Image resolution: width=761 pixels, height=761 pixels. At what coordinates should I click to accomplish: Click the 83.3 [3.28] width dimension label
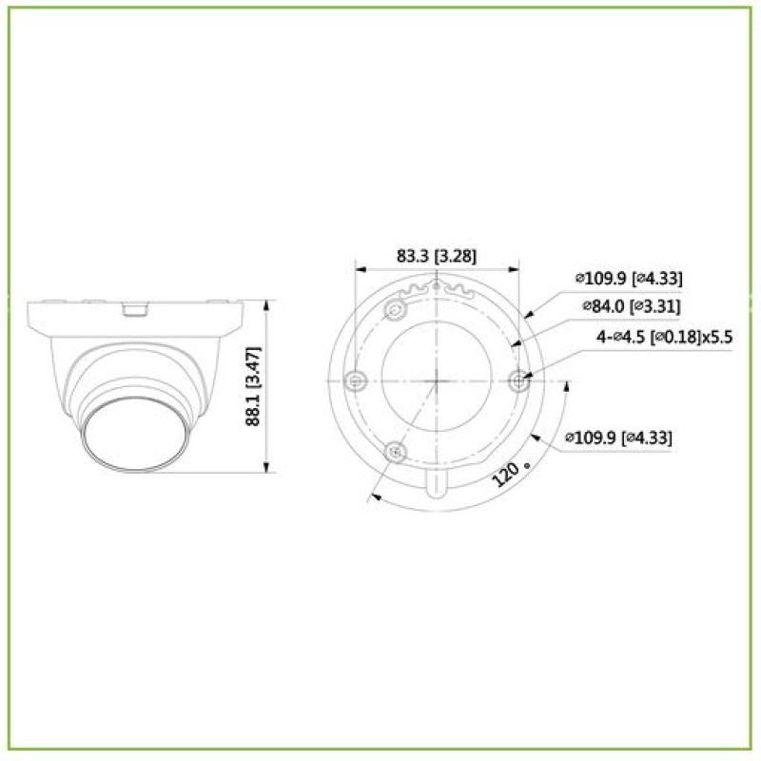pyautogui.click(x=437, y=256)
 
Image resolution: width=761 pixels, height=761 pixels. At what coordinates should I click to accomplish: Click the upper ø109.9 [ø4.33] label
pyautogui.click(x=628, y=278)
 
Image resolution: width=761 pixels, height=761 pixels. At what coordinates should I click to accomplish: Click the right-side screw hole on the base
pyautogui.click(x=518, y=380)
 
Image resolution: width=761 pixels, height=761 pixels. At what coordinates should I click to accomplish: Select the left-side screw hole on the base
pyautogui.click(x=355, y=380)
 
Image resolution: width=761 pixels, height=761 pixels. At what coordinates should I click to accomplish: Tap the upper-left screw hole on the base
pyautogui.click(x=396, y=310)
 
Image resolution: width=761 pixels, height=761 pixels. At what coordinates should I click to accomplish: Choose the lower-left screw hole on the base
pyautogui.click(x=396, y=451)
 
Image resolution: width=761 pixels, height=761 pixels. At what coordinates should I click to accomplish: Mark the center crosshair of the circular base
pyautogui.click(x=437, y=380)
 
